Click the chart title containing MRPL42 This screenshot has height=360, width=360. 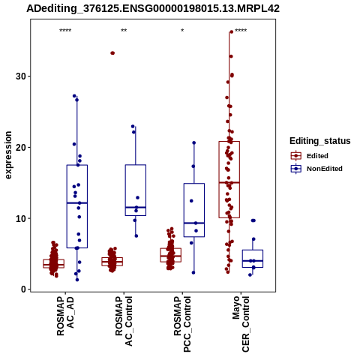tap(153, 8)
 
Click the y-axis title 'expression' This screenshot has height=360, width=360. tap(8, 155)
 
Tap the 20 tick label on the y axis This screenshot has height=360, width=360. tap(21, 147)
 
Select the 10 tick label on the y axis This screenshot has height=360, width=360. tap(21, 218)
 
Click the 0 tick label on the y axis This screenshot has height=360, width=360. tap(24, 289)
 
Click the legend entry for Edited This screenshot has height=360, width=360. tap(310, 156)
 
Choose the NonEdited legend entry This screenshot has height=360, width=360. tap(316, 169)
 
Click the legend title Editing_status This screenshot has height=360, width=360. tap(320, 141)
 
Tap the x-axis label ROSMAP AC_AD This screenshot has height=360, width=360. tap(65, 316)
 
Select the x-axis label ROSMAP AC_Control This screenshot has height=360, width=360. tap(124, 321)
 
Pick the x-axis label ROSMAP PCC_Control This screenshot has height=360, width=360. tap(182, 324)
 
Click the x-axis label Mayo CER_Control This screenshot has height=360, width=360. tap(241, 324)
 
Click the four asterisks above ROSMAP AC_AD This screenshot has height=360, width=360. tap(65, 31)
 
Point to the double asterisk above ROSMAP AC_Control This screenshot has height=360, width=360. tap(124, 31)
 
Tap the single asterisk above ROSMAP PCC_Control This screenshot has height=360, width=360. tap(182, 31)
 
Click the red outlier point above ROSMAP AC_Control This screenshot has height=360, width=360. tap(112, 53)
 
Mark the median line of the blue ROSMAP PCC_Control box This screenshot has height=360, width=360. tap(194, 223)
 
